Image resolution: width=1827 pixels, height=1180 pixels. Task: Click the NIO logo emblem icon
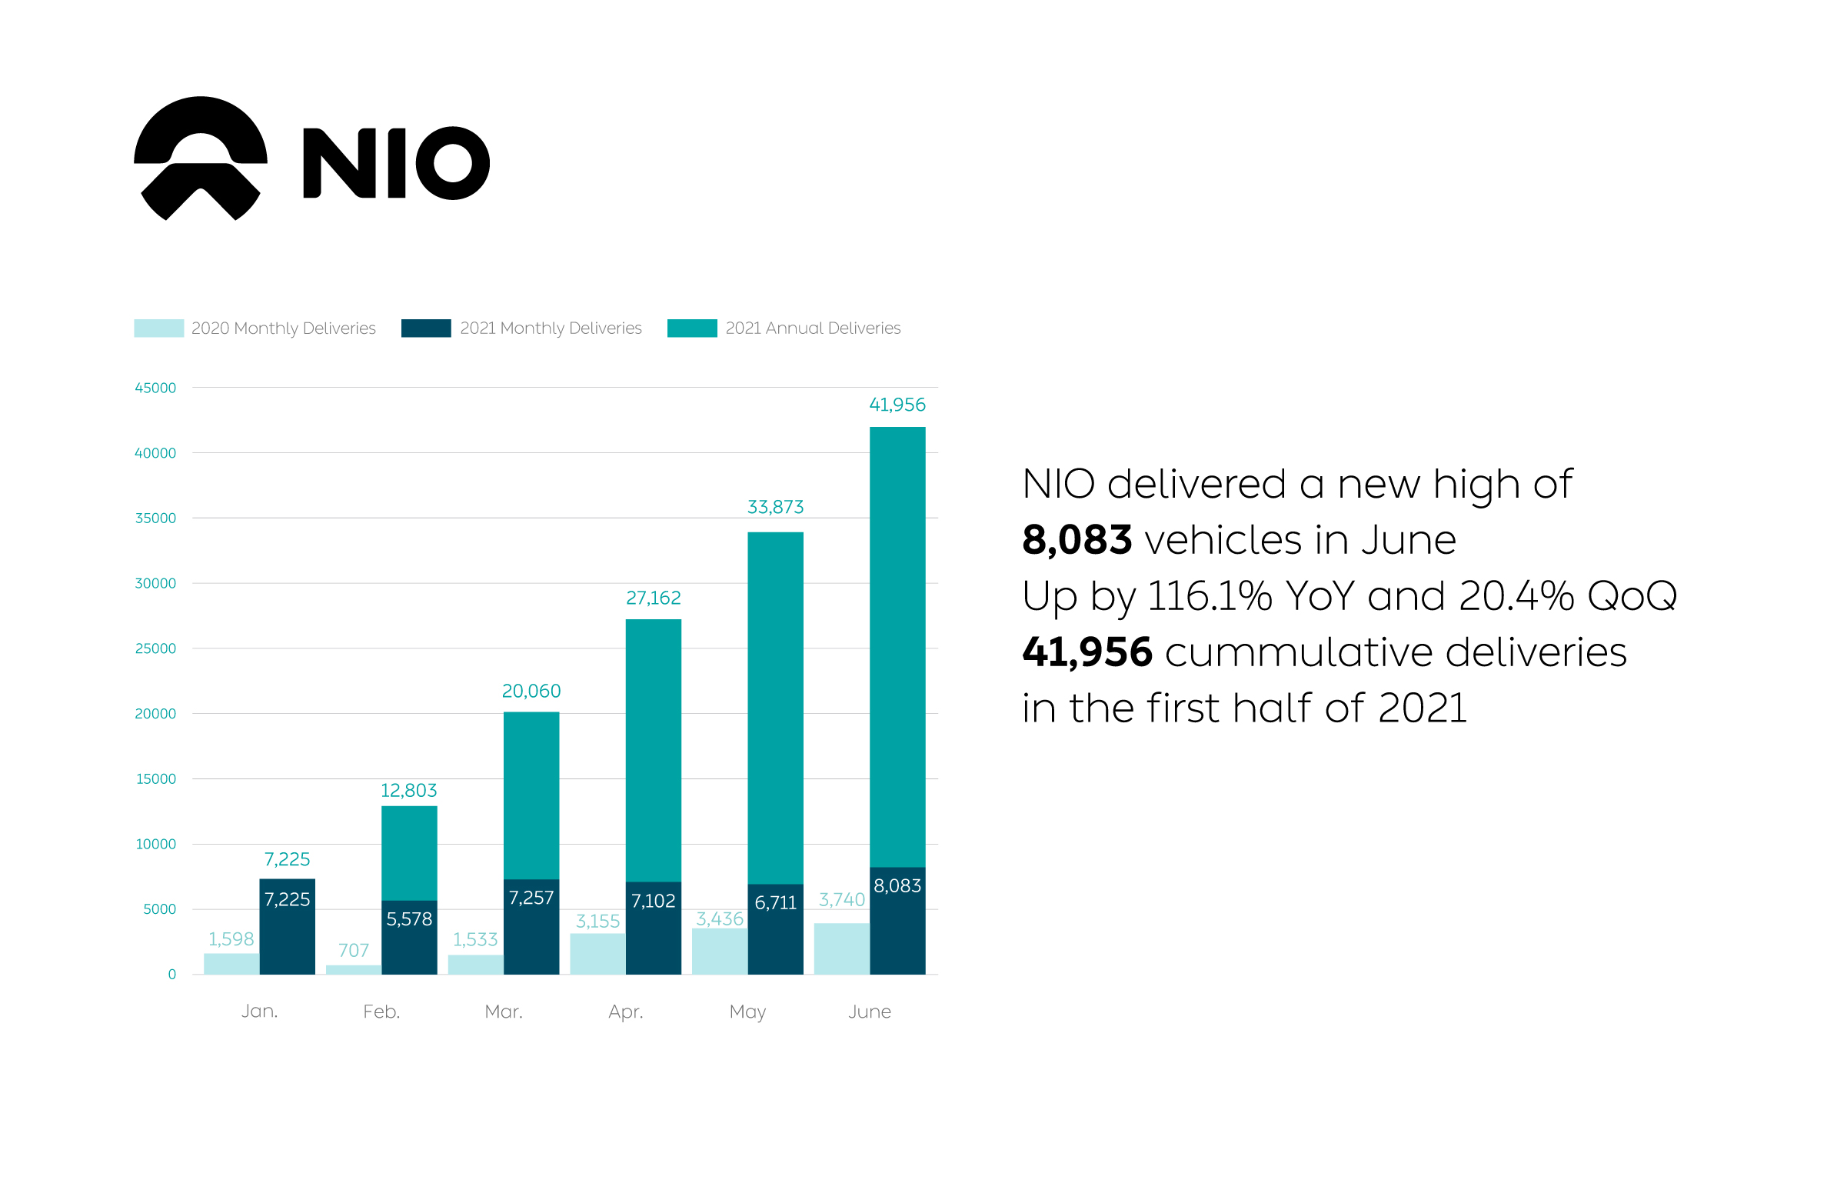click(201, 158)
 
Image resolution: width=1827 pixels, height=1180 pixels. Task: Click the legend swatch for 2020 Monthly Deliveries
click(158, 328)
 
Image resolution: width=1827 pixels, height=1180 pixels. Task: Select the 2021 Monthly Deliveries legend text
click(551, 328)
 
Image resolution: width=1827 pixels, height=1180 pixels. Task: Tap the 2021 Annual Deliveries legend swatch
click(691, 328)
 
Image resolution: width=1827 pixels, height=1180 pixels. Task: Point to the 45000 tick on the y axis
click(155, 388)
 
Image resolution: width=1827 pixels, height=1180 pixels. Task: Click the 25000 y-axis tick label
click(155, 649)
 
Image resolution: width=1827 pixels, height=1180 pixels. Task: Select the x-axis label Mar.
click(504, 1012)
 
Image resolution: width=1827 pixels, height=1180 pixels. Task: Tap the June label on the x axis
click(870, 1012)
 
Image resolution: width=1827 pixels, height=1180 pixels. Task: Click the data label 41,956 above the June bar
click(897, 405)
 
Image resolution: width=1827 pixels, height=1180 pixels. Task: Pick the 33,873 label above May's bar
click(775, 508)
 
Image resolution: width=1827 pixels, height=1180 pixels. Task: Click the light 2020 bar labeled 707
click(354, 970)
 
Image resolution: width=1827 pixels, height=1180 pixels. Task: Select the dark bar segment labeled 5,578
click(409, 937)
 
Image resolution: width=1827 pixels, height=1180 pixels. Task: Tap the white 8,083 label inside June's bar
click(897, 886)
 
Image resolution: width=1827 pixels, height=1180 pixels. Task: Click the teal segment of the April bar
click(654, 750)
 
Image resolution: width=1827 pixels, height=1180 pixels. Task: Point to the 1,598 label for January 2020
click(231, 939)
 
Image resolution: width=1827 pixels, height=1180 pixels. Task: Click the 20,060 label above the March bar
click(531, 692)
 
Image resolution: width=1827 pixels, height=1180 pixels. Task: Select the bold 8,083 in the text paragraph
click(1077, 540)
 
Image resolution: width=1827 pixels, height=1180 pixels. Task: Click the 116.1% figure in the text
click(1210, 596)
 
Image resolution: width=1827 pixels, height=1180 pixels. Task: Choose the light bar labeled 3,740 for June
click(842, 948)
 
